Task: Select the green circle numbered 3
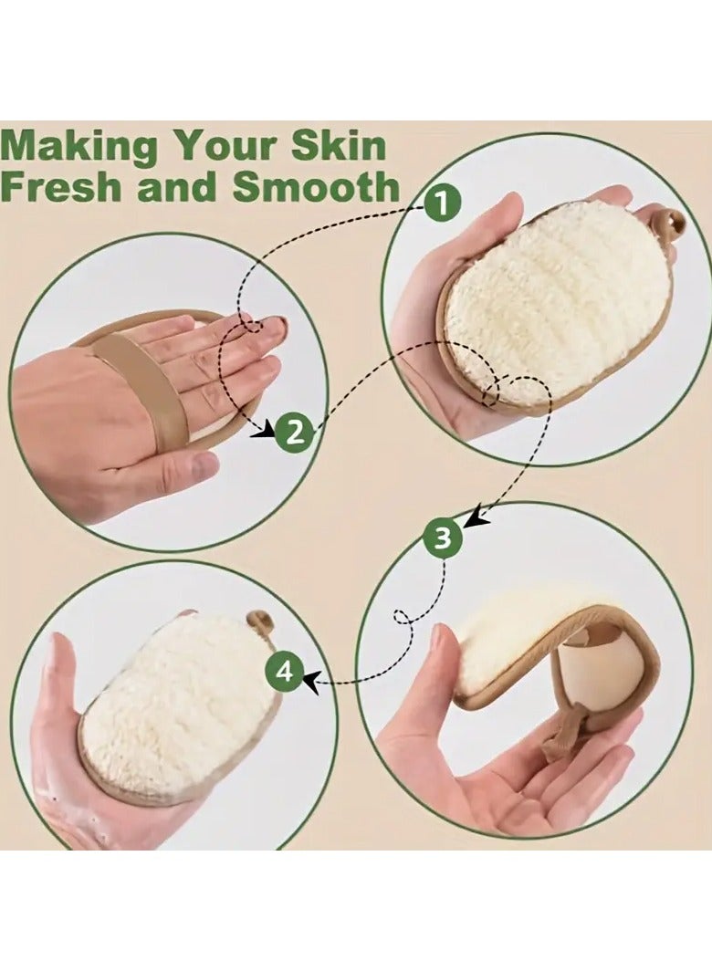click(443, 539)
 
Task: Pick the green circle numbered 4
click(285, 673)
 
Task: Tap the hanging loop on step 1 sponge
click(670, 222)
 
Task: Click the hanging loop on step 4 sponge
click(261, 623)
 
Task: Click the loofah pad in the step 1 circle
click(557, 301)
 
